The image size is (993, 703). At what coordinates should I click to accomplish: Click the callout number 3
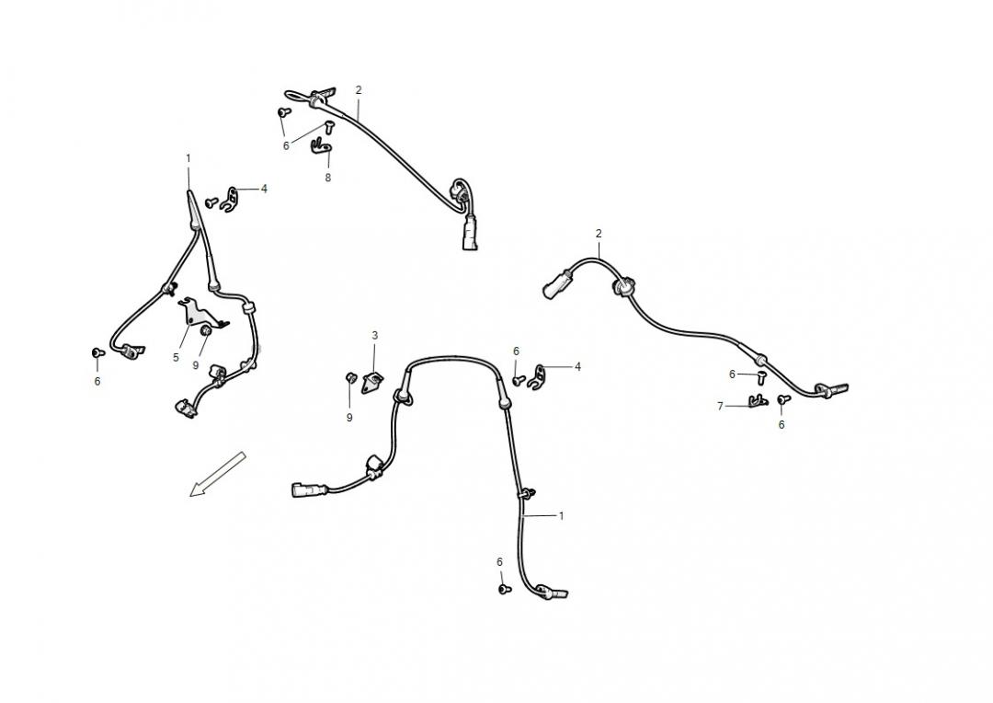point(374,335)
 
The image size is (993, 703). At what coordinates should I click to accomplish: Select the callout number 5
point(176,358)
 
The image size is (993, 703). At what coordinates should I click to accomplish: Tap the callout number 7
point(720,406)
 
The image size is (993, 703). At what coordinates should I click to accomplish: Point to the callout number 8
point(327,178)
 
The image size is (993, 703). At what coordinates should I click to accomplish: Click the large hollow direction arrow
point(217,474)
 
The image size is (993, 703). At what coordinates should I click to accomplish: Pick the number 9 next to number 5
point(196,365)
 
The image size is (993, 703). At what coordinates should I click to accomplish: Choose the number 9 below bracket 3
point(349,417)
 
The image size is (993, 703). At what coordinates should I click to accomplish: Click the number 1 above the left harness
point(188,158)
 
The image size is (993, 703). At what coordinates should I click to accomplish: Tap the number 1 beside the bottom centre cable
point(561,515)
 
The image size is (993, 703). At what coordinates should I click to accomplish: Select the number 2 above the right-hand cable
point(599,234)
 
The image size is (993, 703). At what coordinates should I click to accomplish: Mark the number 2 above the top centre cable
point(359,90)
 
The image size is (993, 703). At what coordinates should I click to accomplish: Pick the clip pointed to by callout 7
point(758,400)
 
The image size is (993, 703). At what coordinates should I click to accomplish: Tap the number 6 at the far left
point(97,381)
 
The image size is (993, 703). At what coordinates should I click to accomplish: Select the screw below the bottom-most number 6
point(504,589)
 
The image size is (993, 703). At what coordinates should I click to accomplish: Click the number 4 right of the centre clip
point(577,366)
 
